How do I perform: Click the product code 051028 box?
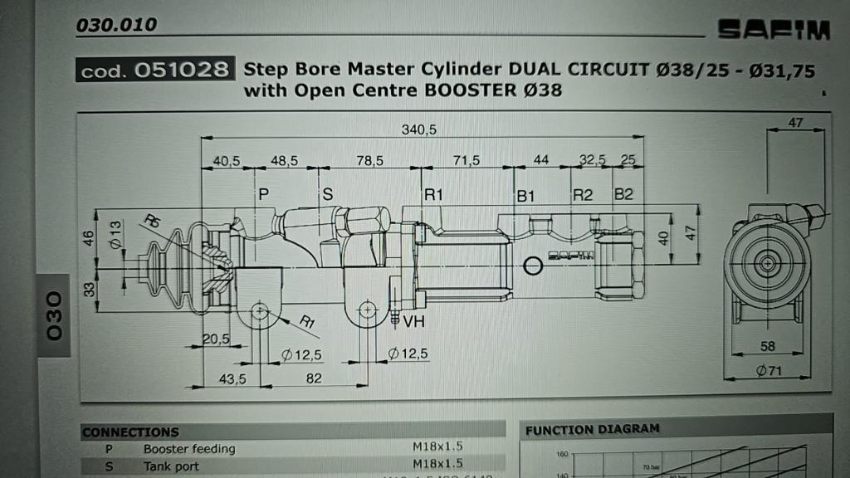point(154,71)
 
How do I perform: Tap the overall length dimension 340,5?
point(418,129)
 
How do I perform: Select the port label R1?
point(434,195)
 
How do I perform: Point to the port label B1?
point(526,196)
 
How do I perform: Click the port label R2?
point(583,195)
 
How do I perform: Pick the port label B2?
point(623,195)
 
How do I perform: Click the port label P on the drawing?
point(264,194)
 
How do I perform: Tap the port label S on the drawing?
point(327,194)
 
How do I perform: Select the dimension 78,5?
point(370,160)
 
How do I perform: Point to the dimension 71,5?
point(467,160)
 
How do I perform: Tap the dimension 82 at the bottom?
point(313,378)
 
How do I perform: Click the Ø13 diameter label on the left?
point(116,234)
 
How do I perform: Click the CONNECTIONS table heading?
point(130,432)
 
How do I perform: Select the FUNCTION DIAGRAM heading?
point(593,429)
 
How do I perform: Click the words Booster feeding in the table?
point(189,449)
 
